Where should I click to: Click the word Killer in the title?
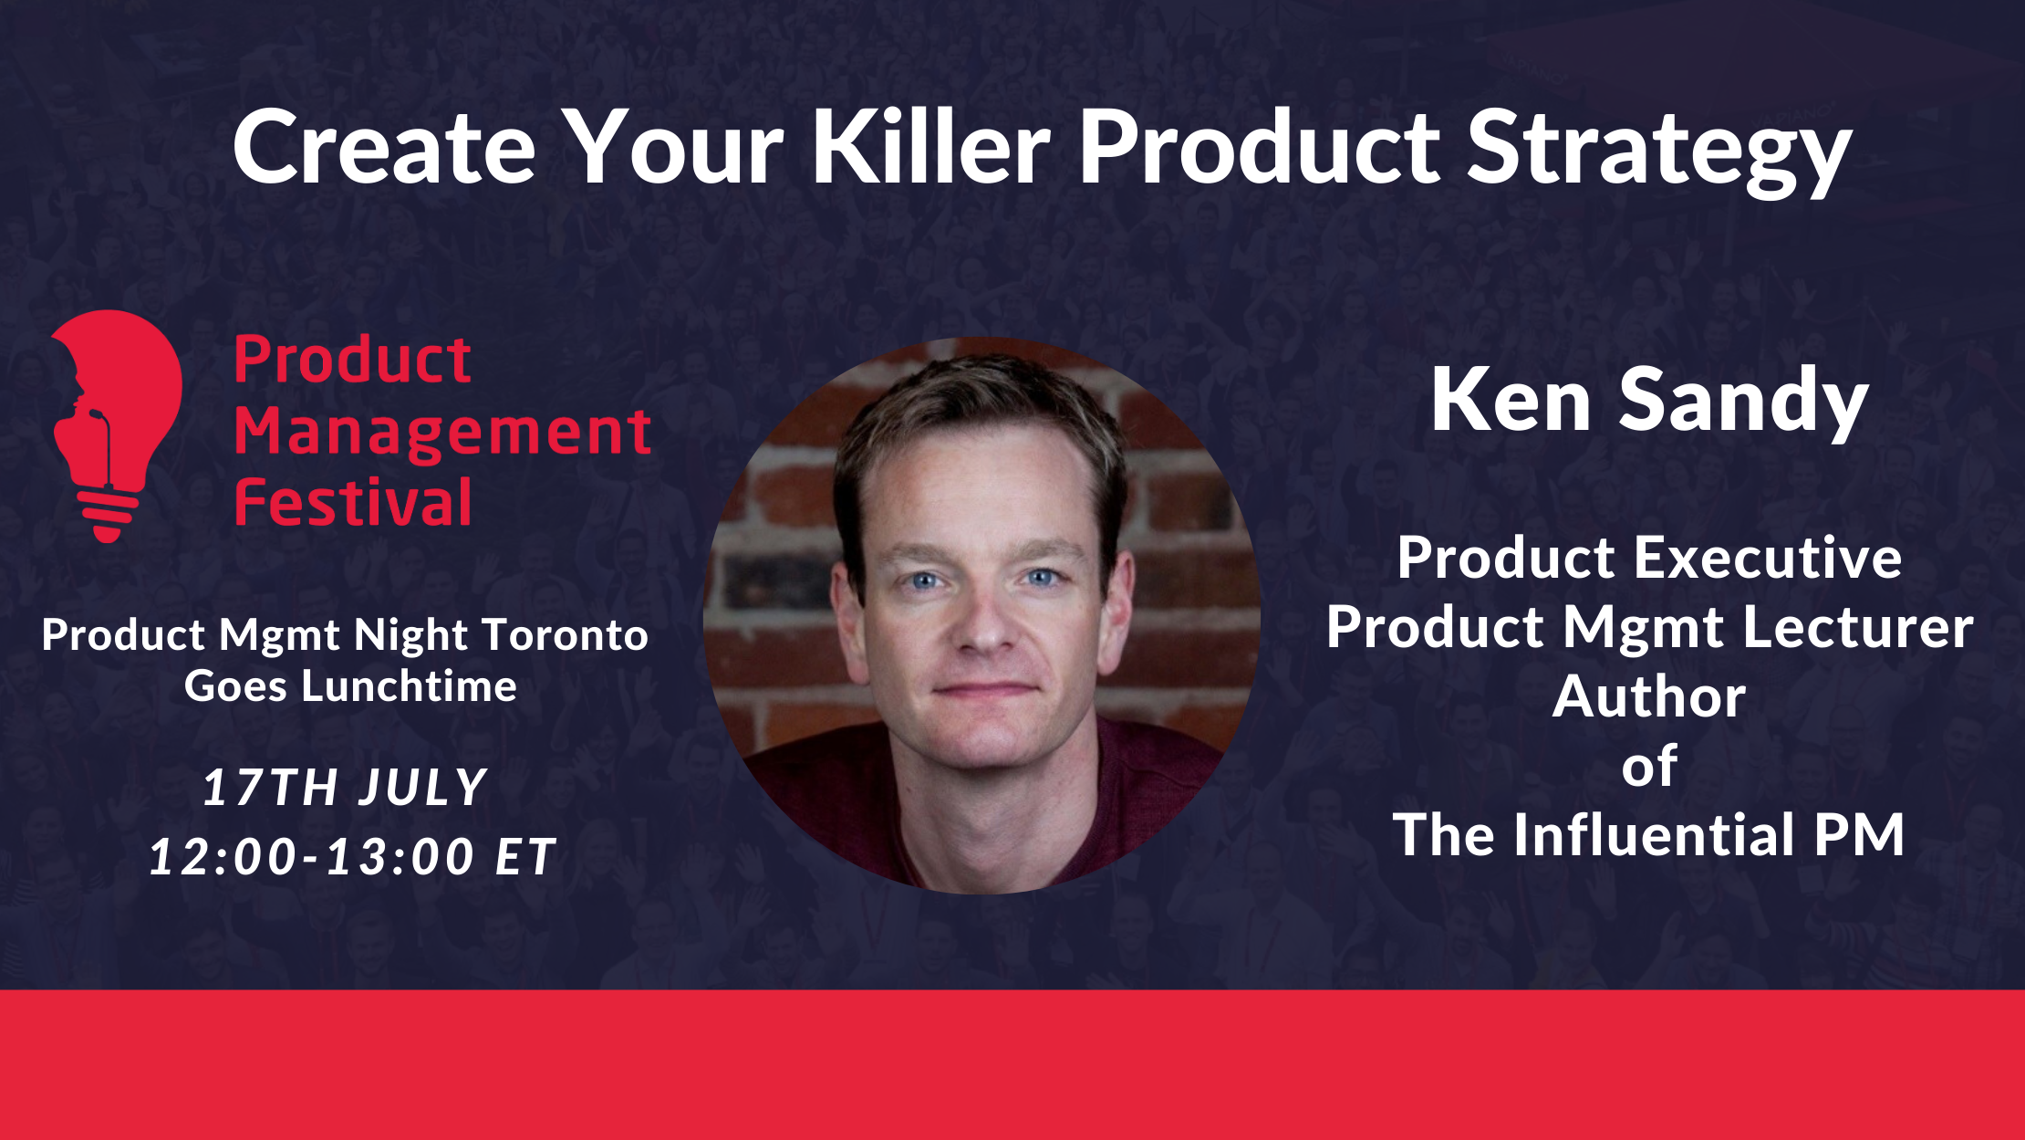(x=932, y=146)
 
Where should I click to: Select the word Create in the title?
(x=384, y=146)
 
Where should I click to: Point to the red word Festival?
(x=353, y=501)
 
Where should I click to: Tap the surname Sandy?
(x=1744, y=405)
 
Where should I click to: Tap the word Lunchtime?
(x=409, y=685)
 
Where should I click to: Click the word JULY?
(x=423, y=788)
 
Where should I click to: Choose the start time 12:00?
(x=223, y=856)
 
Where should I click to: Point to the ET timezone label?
(x=525, y=856)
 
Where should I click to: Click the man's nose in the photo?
(x=981, y=621)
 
